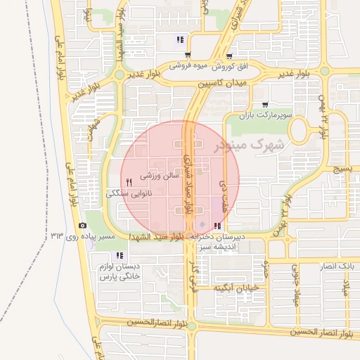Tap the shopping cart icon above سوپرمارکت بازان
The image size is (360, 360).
pos(264,104)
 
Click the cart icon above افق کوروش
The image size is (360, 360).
pos(230,56)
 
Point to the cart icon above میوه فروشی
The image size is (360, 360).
pos(187,55)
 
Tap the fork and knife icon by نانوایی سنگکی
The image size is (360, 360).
pos(129,182)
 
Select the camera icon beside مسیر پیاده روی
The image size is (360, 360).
pos(83,226)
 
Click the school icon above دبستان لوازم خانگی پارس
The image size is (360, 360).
pos(120,255)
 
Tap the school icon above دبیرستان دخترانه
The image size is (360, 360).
pos(217,226)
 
